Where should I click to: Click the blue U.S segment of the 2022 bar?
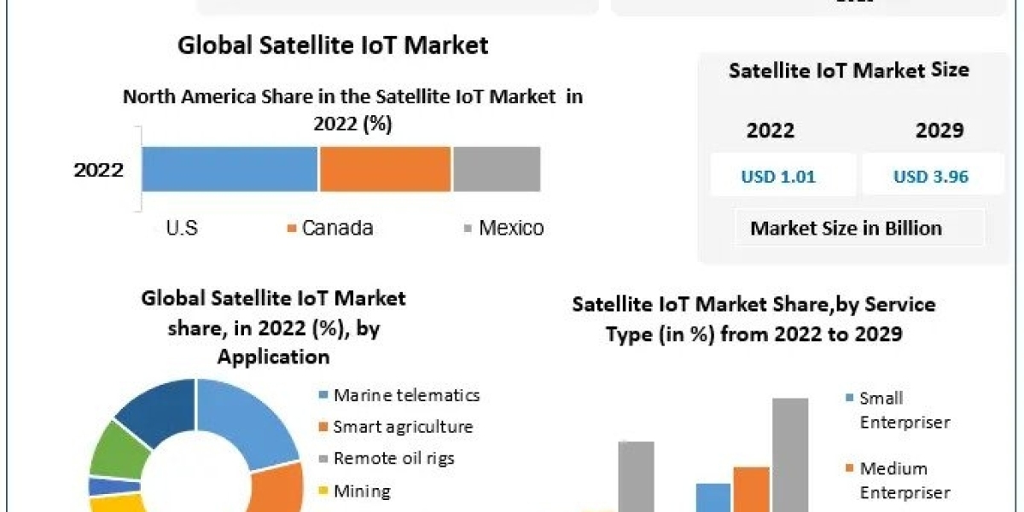(230, 168)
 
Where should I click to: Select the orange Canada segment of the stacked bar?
(385, 168)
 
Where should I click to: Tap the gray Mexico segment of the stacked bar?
(496, 168)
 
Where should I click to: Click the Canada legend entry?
(330, 228)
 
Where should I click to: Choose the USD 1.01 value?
(777, 177)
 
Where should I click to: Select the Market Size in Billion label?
(846, 228)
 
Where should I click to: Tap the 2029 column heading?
(940, 131)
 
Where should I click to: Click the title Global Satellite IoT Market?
(333, 45)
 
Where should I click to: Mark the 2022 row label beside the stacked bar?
(98, 169)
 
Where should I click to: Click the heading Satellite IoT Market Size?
(848, 70)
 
